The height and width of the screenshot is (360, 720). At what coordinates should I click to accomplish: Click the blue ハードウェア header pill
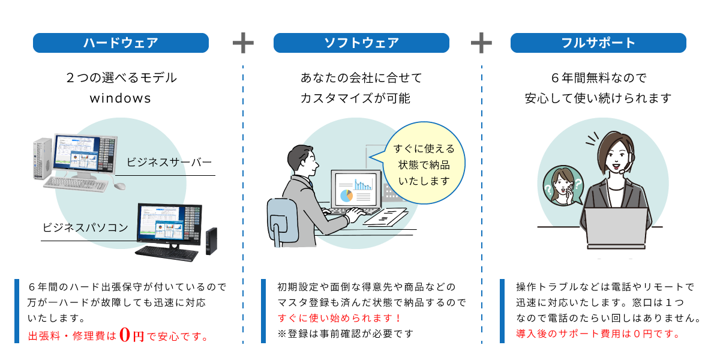(121, 43)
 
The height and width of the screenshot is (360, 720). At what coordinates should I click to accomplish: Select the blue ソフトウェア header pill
(361, 43)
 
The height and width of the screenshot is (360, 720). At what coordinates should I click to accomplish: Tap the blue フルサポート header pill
(598, 43)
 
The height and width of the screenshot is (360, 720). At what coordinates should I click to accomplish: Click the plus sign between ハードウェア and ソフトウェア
(243, 43)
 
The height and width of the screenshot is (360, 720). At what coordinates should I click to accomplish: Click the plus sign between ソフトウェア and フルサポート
(481, 43)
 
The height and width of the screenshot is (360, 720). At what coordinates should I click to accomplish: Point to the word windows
(121, 98)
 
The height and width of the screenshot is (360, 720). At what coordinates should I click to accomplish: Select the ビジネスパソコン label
(85, 227)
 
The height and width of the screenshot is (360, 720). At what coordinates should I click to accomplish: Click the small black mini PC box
(211, 241)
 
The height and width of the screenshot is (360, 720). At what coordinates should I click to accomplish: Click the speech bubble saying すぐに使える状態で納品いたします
(424, 164)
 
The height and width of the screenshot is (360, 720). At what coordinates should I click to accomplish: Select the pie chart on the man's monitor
(346, 195)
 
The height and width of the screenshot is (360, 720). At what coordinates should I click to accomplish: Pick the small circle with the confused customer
(563, 187)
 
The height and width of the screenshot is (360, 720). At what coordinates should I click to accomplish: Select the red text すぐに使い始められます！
(340, 318)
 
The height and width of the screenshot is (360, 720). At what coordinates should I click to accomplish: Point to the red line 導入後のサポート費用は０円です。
(598, 334)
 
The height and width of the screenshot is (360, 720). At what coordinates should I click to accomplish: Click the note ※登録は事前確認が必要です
(346, 334)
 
